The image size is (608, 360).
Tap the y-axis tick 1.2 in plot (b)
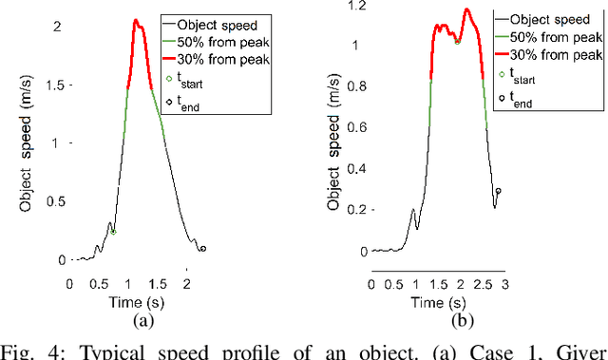point(357,7)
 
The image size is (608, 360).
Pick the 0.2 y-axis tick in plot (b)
point(357,211)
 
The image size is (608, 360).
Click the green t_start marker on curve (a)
point(113,231)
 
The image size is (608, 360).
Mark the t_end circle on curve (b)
point(498,191)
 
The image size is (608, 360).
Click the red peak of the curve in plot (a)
point(136,20)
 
